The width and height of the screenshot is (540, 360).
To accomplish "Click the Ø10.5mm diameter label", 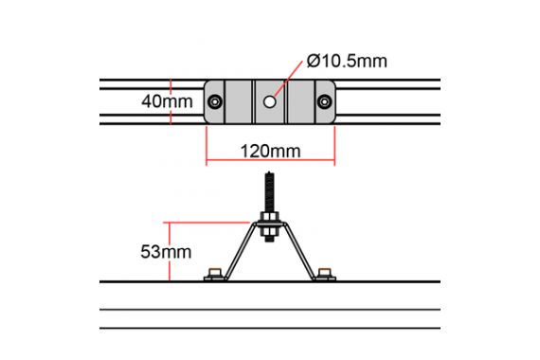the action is (x=347, y=61).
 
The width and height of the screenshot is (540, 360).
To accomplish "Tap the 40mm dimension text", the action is (x=167, y=101).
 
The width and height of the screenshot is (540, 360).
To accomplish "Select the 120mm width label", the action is (x=270, y=152).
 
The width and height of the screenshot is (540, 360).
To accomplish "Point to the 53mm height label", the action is (x=166, y=252).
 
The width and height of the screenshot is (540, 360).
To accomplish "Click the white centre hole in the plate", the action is (x=270, y=101).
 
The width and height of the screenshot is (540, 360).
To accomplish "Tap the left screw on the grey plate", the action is (x=215, y=101).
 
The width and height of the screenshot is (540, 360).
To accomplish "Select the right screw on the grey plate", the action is (x=324, y=101).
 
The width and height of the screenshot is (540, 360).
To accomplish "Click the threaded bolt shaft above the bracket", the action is (x=269, y=192).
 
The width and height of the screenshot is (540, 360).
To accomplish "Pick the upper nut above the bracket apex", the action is (x=269, y=217).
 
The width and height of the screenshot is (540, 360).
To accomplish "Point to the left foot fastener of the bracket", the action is (x=215, y=275).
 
